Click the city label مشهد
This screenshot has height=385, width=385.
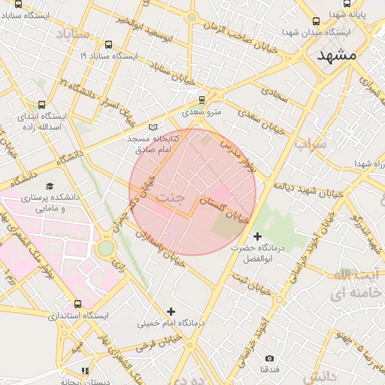pos(335,56)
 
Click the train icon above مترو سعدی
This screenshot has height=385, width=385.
pos(202,99)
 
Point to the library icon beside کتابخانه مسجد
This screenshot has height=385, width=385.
pos(154,128)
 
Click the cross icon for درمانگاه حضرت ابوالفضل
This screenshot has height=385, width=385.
pos(258,237)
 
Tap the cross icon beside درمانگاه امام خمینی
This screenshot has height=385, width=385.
pos(171,311)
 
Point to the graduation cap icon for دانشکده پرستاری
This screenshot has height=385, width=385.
pos(50,186)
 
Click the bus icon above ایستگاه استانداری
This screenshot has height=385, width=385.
pos(78,304)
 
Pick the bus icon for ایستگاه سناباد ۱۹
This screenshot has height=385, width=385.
pos(110,44)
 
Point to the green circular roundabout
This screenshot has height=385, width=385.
pos(105,247)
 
